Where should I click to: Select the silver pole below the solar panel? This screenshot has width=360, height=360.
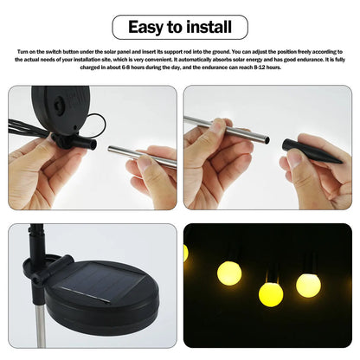(x=40, y=325)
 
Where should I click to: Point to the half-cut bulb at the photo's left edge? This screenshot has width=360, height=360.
(x=186, y=252)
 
